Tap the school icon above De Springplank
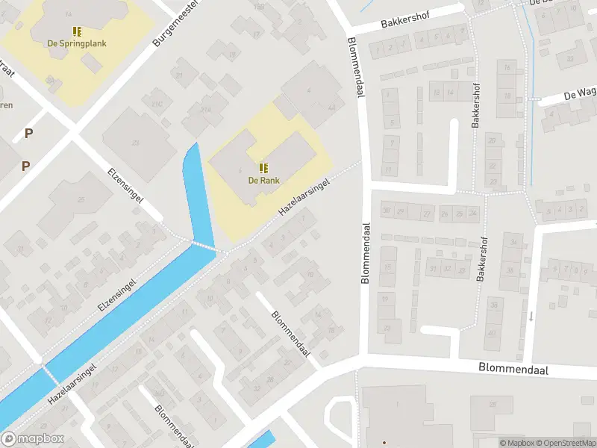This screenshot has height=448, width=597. pos(77,31)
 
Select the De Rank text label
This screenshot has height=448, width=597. pos(263,179)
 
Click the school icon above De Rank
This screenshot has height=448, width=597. pos(263,167)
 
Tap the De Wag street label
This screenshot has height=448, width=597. pos(579,96)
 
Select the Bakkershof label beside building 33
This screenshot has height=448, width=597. pos(483,259)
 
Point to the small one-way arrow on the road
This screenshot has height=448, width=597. pos(531,316)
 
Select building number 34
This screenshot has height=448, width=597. pos(512,243)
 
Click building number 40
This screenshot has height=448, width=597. pos(492,333)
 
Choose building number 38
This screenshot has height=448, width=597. pos(492,304)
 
